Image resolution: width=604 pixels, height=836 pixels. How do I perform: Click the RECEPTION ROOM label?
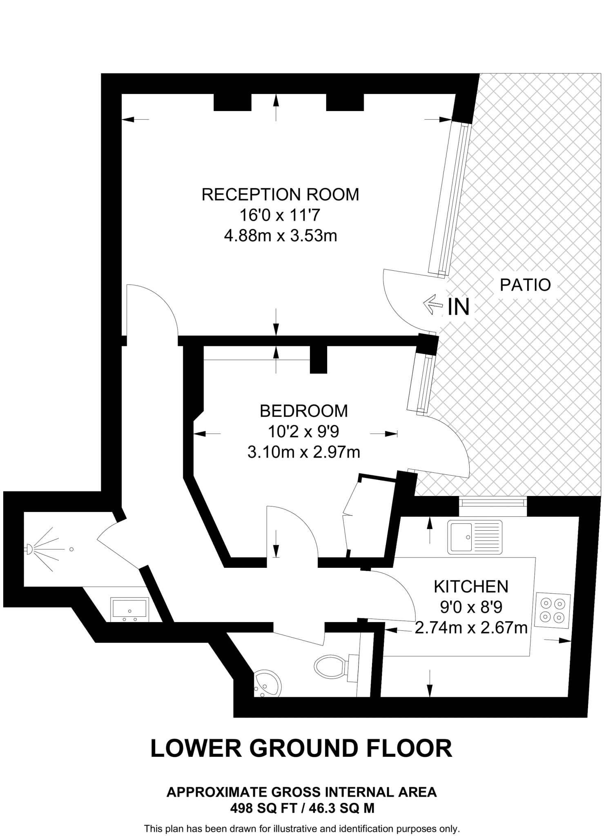[280, 195]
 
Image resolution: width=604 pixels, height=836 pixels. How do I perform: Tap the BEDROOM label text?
[304, 411]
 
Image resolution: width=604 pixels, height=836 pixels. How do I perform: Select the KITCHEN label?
[471, 587]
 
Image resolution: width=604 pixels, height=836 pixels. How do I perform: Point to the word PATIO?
[526, 285]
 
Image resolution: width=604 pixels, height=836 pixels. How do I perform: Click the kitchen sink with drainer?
[475, 537]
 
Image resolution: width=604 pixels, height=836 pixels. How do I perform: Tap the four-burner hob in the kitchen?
[553, 610]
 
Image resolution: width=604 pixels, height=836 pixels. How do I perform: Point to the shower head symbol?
[30, 549]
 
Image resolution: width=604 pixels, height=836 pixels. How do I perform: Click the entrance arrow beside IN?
[433, 305]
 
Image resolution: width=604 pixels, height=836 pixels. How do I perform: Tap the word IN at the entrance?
[459, 307]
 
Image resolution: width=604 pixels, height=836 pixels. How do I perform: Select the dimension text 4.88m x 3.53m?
[281, 236]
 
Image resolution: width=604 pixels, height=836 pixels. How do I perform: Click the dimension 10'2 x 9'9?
[303, 431]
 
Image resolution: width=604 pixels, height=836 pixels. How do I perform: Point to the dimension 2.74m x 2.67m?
[471, 628]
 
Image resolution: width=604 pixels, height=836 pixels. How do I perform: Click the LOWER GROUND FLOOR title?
[301, 748]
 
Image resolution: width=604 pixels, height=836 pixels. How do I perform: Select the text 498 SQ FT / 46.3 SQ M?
[302, 808]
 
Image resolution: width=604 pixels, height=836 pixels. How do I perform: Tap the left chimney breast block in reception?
[232, 102]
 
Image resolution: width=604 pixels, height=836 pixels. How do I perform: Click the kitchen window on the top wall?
[493, 502]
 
